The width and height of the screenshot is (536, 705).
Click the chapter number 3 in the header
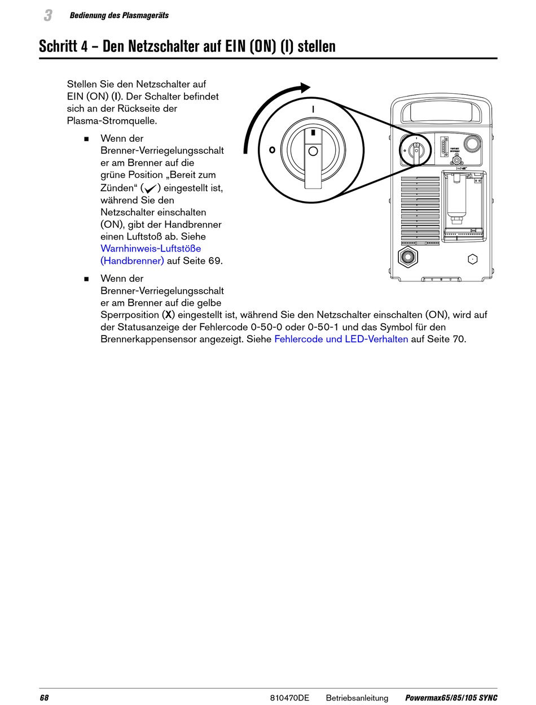pos(48,16)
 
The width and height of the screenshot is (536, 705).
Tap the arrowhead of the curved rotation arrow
pos(305,88)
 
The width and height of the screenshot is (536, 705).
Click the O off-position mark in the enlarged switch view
pos(272,150)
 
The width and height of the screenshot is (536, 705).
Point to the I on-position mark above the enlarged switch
pos(313,108)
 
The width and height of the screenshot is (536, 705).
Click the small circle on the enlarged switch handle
pos(313,151)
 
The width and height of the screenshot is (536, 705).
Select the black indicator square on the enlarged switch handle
pos(313,133)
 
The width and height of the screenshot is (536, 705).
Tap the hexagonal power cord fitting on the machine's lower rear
pos(406,258)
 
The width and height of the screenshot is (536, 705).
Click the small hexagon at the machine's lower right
pos(473,259)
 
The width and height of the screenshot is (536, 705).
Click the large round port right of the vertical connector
pos(472,144)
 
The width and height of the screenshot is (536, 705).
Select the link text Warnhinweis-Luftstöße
pos(151,249)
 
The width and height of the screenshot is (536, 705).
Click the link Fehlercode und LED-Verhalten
pos(341,340)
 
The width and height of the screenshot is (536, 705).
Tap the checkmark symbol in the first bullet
pos(151,188)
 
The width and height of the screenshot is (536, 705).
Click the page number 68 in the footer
pos(44,698)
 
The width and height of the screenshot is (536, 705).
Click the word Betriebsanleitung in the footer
pos(357,698)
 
